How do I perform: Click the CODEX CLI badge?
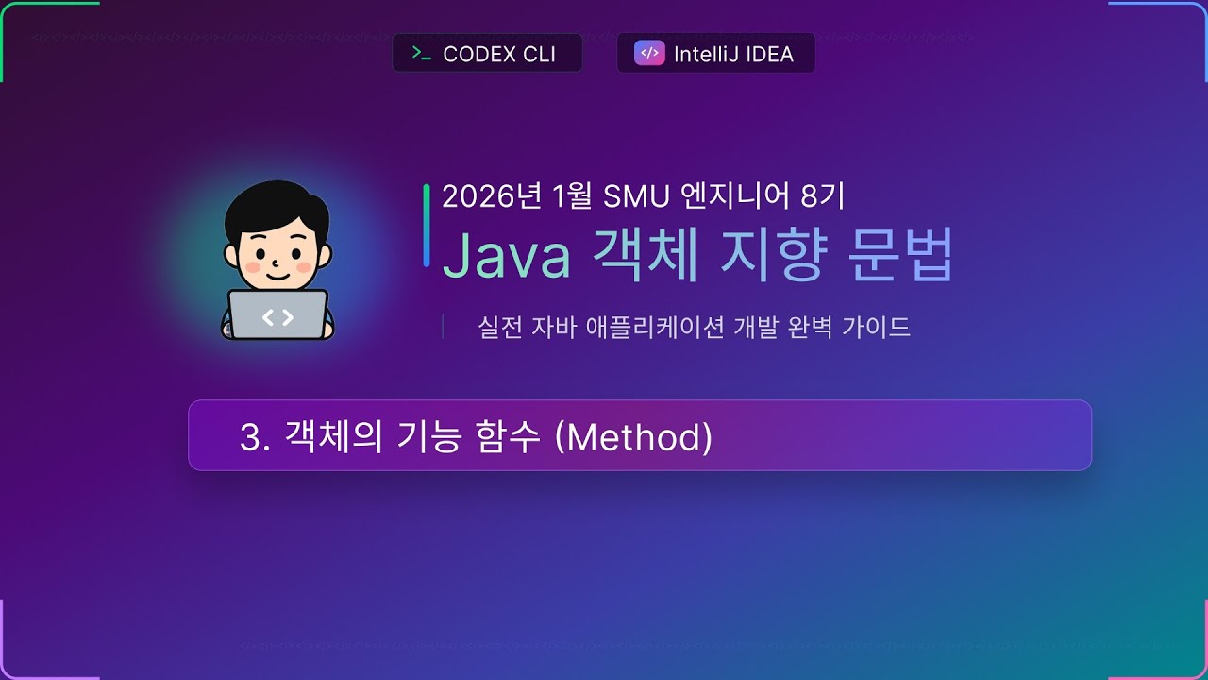tap(487, 54)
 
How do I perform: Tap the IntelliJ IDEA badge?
tap(715, 54)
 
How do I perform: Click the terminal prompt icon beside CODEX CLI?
tap(421, 54)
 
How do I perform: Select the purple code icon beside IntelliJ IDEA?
tap(648, 54)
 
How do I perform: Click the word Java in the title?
tap(506, 254)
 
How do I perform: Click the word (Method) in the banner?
tap(634, 437)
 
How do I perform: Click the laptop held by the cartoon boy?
tap(277, 315)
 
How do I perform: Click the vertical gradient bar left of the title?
tap(427, 225)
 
